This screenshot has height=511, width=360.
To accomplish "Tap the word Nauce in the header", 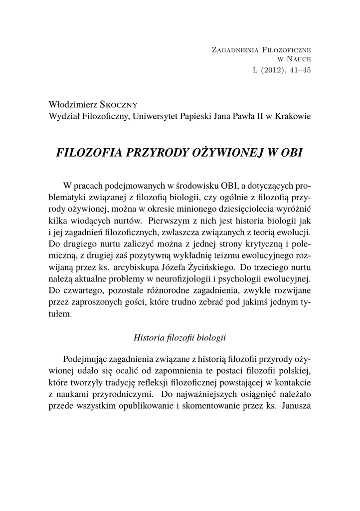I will pos(299,60).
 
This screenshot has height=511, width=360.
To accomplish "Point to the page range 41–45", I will pos(300,70).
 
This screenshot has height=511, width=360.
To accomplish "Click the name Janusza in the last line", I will pos(296,405).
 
